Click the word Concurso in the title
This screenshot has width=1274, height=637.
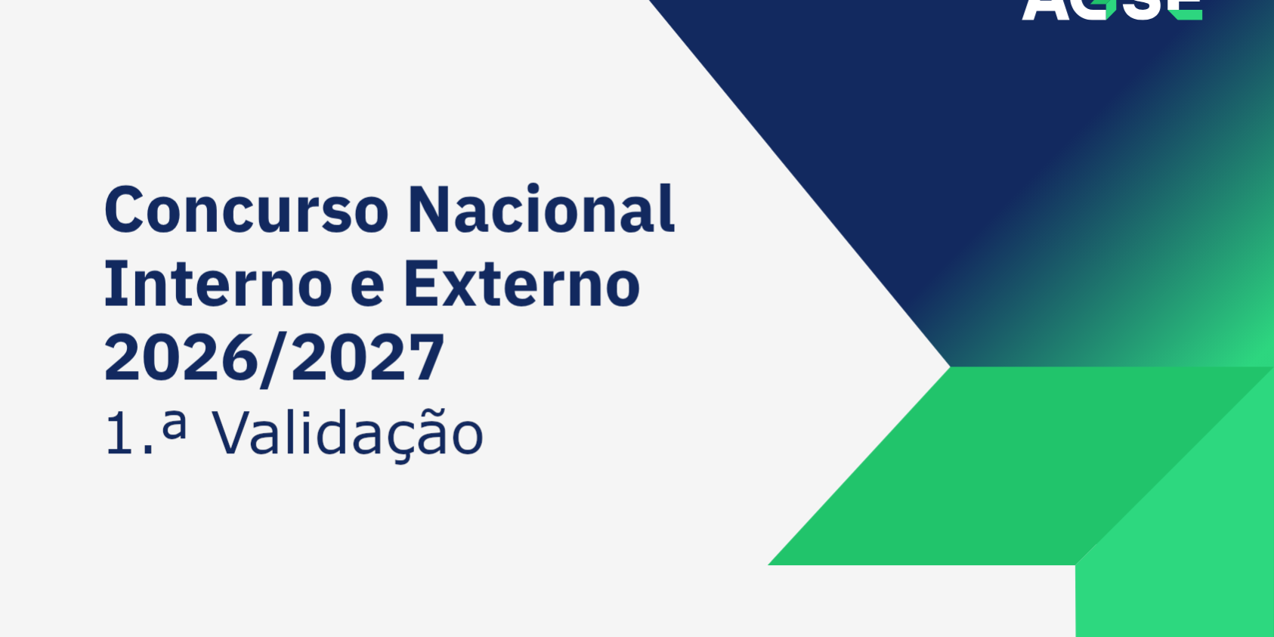pos(246,209)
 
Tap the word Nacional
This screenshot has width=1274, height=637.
pos(541,209)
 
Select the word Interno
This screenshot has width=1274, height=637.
pos(218,284)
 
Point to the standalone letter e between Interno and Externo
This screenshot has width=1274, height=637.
pos(367,287)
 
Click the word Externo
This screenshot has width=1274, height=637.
pos(521,284)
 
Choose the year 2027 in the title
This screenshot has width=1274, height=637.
pos(368,357)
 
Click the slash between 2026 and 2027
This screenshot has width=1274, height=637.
pos(274,359)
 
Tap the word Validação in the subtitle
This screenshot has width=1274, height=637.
pos(347,434)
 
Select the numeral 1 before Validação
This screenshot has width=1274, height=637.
pos(119,434)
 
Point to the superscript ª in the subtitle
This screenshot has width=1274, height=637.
pos(175,422)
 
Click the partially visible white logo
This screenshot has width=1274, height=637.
pos(1112,9)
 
